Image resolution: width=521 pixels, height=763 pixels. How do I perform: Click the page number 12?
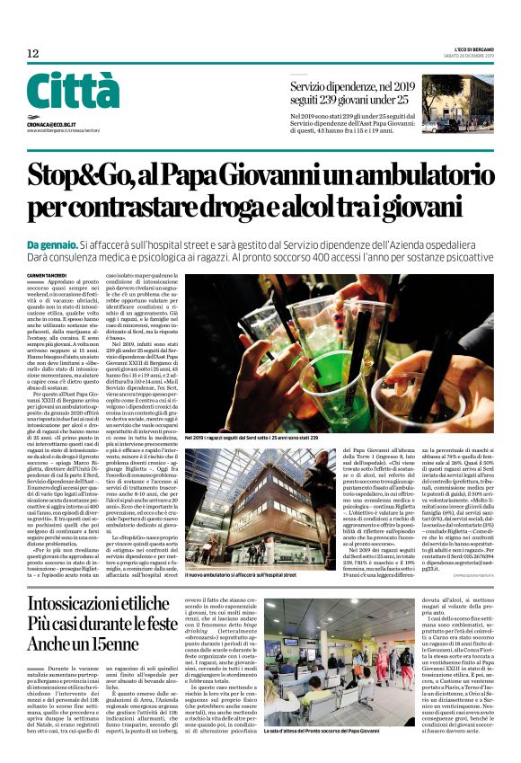tap(33, 54)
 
